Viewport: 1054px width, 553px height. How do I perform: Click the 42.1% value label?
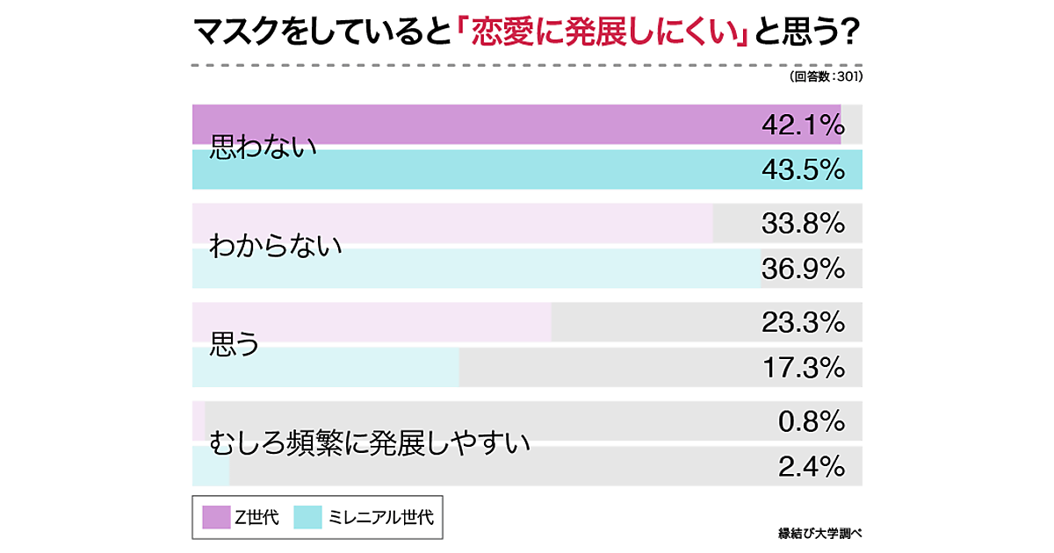pos(802,126)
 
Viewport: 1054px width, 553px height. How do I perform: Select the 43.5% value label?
pos(802,169)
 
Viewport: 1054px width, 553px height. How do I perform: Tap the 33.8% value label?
pos(802,224)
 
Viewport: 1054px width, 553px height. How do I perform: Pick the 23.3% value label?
pos(802,323)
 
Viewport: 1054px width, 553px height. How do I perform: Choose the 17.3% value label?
pos(802,366)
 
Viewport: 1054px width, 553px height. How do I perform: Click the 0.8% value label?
pos(811,422)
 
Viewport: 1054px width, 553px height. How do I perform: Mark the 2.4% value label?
pos(811,465)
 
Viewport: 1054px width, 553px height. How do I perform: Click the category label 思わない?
pos(263,147)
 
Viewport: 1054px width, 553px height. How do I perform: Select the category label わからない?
pos(275,247)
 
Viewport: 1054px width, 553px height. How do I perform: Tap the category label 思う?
pos(235,345)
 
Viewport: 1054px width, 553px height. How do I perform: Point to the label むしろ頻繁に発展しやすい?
pos(370,443)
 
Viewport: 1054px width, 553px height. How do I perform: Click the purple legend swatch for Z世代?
pos(215,517)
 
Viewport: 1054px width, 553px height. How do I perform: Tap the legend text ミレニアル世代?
pos(380,517)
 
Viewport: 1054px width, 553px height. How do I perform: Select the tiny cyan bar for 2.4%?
pos(211,465)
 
